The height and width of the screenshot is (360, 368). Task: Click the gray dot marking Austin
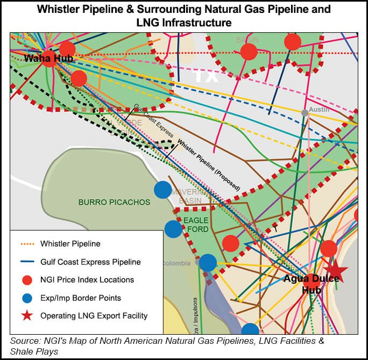(305, 113)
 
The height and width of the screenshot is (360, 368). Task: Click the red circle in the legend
(26, 280)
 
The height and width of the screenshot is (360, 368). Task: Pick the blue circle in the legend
(26, 298)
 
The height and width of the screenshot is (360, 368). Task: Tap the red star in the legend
(26, 316)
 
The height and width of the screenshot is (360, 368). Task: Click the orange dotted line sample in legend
(26, 244)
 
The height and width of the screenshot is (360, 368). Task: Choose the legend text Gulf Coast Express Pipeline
(90, 262)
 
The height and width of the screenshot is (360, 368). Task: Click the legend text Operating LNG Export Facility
(94, 316)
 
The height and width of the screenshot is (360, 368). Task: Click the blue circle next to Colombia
(208, 263)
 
